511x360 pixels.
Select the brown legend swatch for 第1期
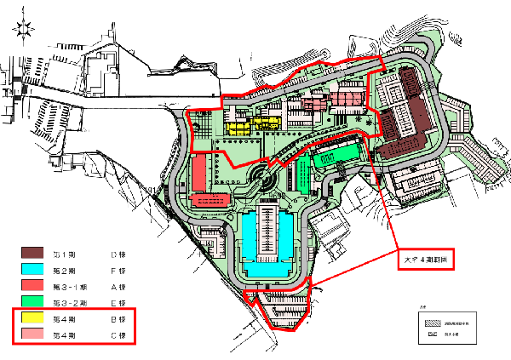[35, 254]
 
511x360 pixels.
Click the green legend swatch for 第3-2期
[35, 301]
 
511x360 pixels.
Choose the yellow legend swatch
[35, 318]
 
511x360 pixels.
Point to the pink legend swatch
[35, 334]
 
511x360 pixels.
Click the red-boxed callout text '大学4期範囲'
[426, 259]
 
